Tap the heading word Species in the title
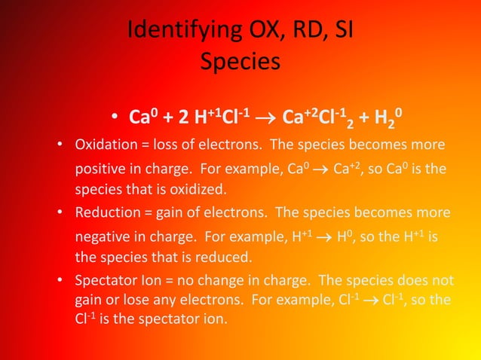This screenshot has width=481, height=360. pyautogui.click(x=240, y=61)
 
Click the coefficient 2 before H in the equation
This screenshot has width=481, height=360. pyautogui.click(x=183, y=118)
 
